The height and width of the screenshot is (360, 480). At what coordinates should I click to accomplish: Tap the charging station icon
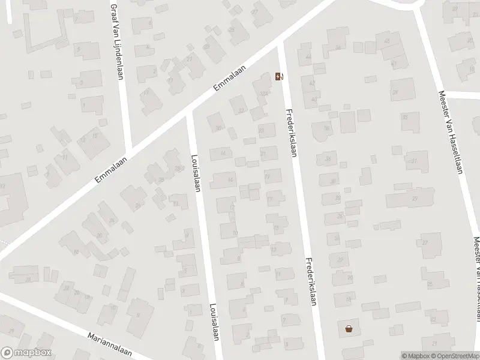point(278,76)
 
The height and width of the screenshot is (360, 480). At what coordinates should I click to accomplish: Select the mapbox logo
point(26,353)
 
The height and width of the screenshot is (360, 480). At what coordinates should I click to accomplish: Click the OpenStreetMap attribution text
point(454,356)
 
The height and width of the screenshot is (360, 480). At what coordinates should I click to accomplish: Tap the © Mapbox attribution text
point(415,356)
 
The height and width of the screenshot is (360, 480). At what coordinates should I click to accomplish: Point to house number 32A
point(263,93)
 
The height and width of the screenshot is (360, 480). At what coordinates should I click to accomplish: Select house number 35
point(328,159)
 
